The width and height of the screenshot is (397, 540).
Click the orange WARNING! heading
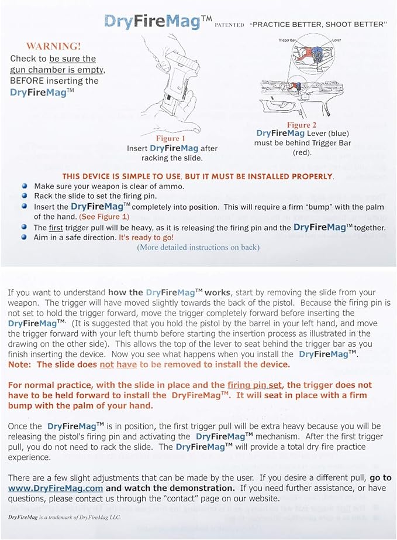[53, 46]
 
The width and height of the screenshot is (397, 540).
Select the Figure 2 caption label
[302, 125]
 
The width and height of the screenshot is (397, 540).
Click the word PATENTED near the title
[229, 26]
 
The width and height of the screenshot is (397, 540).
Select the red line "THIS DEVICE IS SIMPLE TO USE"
[198, 176]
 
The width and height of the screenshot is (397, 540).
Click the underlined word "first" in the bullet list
[56, 228]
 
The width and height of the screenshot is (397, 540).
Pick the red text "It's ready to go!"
[146, 237]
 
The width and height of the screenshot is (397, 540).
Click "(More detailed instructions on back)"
[198, 247]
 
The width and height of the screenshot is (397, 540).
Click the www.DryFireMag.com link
[56, 488]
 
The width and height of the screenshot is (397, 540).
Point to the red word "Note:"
[21, 364]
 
